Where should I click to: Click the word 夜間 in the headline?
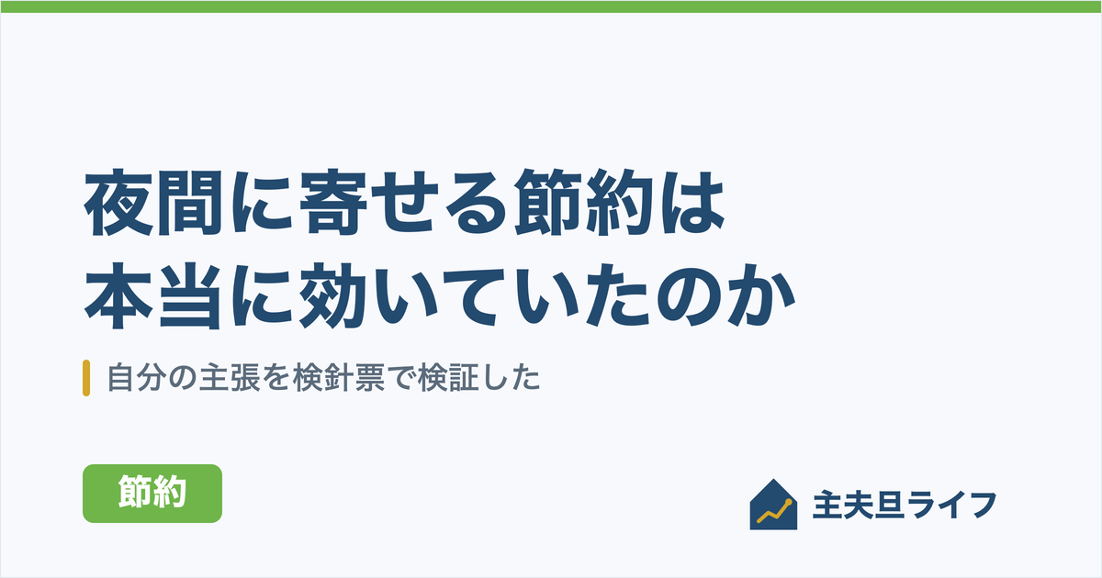tap(153, 203)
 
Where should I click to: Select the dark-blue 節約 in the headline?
tap(584, 203)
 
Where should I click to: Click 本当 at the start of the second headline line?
tap(153, 295)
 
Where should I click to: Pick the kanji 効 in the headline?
tap(333, 295)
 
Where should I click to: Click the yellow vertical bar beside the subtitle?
tap(86, 378)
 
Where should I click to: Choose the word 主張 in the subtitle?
tap(230, 378)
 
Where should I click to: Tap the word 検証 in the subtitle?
tap(448, 378)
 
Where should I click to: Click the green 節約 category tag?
tap(152, 493)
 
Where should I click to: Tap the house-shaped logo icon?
tap(773, 505)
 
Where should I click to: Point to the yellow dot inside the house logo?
tap(788, 503)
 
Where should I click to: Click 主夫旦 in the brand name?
tap(858, 505)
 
